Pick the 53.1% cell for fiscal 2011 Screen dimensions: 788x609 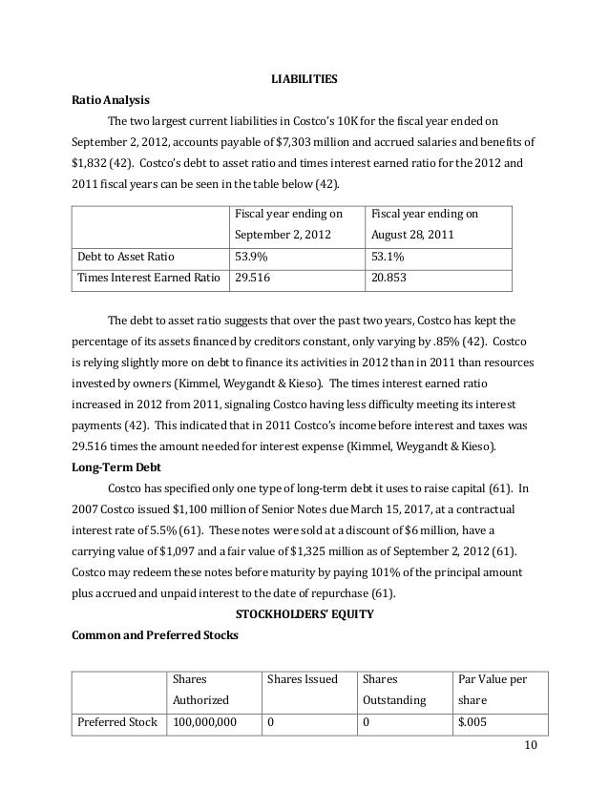point(387,256)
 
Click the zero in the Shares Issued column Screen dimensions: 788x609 point(271,723)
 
